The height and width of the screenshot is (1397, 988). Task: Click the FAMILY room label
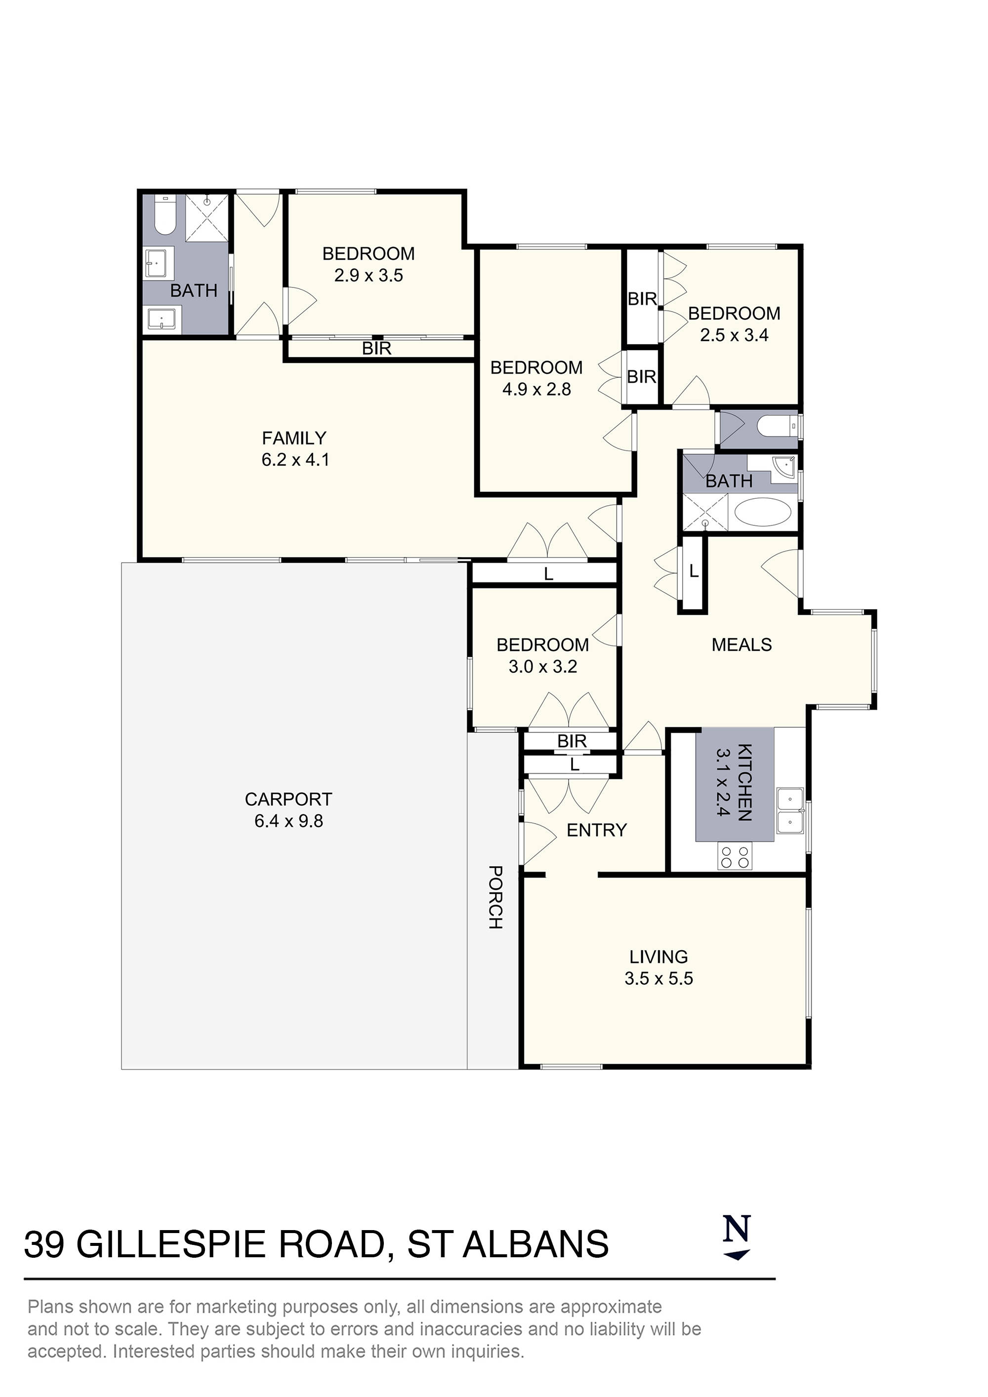(x=294, y=438)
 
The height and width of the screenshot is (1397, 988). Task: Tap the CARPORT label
(x=288, y=799)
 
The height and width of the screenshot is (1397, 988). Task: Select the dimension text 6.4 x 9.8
(x=288, y=821)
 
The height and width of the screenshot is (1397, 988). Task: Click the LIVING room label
(x=659, y=957)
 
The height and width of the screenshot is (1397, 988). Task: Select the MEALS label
(x=741, y=645)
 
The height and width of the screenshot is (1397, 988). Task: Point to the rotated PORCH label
(x=495, y=897)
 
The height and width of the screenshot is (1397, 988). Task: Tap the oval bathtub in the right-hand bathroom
(x=763, y=512)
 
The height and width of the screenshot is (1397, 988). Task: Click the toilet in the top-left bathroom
(x=165, y=215)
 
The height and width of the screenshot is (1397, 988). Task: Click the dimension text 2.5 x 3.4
(x=734, y=335)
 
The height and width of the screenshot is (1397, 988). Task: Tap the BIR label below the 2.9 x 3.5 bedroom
(x=377, y=349)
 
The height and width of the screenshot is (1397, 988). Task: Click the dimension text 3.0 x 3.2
(x=542, y=667)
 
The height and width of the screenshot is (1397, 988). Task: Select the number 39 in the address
(x=44, y=1245)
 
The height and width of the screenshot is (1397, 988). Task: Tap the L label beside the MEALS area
(x=694, y=571)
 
